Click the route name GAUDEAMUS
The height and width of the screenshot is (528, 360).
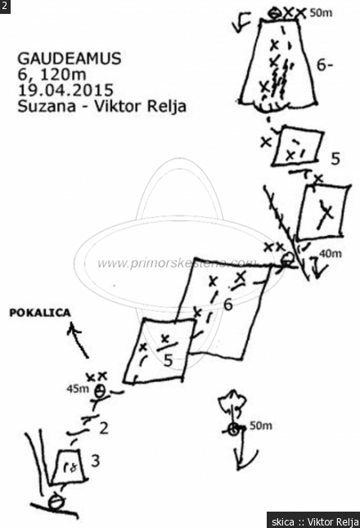(x=69, y=59)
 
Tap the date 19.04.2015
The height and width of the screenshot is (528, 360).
(x=65, y=90)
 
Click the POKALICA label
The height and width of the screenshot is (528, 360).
(x=40, y=313)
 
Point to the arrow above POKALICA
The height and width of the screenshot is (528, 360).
(x=79, y=340)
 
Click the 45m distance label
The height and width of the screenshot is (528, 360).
(x=78, y=389)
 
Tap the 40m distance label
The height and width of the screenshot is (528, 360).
(x=331, y=253)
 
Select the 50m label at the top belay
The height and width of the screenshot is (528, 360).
(x=321, y=13)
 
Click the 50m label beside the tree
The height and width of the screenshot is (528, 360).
(x=261, y=426)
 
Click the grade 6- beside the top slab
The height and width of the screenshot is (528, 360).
(x=325, y=65)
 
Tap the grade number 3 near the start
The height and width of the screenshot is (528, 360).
(x=96, y=460)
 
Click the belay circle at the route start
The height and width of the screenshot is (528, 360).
(x=56, y=503)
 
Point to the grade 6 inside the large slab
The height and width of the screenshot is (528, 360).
(x=228, y=305)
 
